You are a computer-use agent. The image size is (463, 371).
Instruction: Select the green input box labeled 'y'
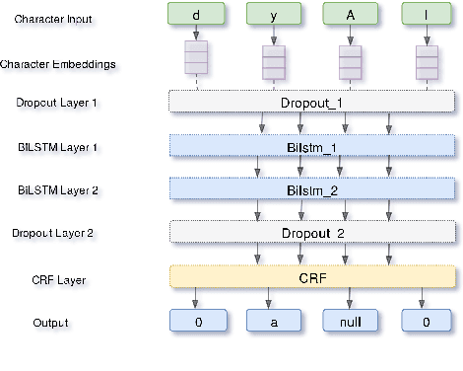(273, 14)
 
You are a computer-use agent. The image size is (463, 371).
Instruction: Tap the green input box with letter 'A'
(350, 14)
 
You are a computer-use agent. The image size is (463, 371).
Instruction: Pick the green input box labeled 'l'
(427, 14)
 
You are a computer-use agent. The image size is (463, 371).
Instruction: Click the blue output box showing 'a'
(273, 321)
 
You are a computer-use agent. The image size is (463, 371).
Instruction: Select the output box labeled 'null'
(350, 321)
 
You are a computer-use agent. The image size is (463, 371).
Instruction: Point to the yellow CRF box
(312, 277)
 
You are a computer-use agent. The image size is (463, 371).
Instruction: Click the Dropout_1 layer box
(312, 101)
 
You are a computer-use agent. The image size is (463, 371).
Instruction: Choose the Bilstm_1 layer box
(312, 145)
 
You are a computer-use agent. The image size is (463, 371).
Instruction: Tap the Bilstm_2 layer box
(312, 188)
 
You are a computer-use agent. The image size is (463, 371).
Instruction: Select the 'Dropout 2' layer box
(312, 233)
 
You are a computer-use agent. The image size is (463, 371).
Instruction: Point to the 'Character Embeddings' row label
(61, 64)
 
